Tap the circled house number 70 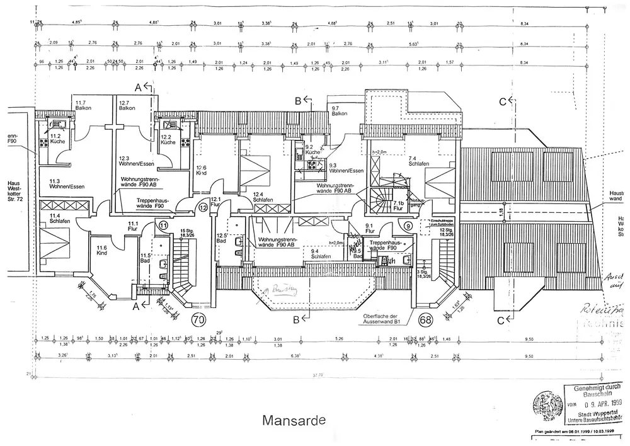(x=198, y=319)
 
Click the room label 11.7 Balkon (x=83, y=106)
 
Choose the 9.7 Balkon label (x=340, y=111)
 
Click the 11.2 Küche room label (x=50, y=139)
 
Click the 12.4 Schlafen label (x=262, y=197)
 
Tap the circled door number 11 (x=164, y=225)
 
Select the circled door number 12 (x=203, y=207)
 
